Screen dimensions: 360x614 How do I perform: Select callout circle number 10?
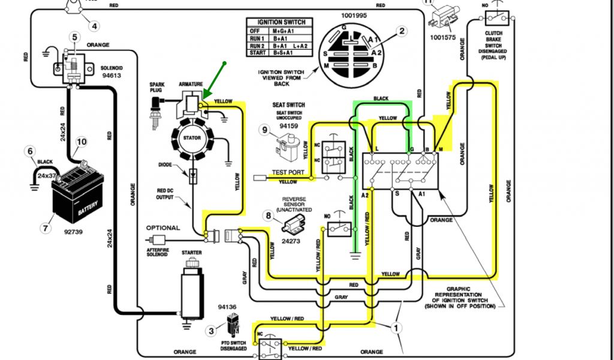81,142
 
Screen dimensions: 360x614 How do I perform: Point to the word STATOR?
192,137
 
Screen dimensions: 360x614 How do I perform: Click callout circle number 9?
264,129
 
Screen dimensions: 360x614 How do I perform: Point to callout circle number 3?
211,329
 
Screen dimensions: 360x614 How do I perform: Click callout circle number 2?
402,31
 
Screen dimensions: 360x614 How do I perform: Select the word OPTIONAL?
162,228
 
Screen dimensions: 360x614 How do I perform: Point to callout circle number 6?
29,151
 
